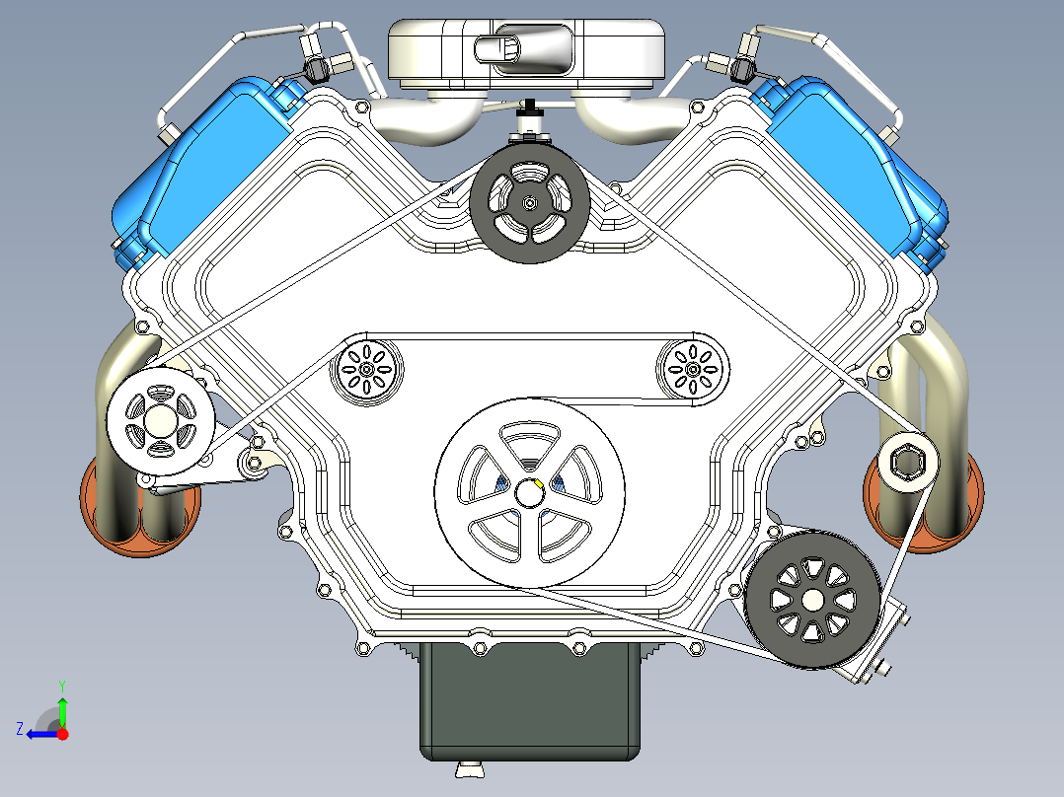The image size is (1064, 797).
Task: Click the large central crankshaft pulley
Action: coord(529,493)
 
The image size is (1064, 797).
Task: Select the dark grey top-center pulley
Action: coord(530,203)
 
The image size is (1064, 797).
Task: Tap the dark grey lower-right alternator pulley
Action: coord(812,600)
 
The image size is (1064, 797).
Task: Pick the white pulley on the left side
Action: coord(161,421)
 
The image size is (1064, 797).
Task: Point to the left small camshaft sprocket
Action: coord(366,370)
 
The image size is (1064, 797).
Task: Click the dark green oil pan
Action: coord(530,702)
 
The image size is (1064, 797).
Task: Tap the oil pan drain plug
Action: coord(470,769)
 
